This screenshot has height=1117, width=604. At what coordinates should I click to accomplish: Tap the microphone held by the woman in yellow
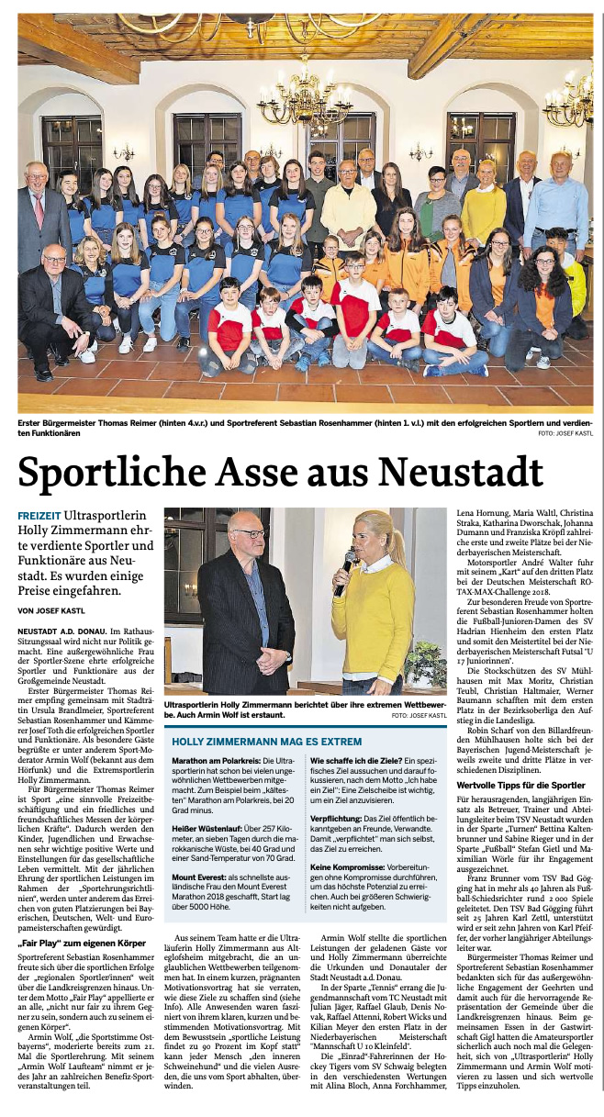point(348,564)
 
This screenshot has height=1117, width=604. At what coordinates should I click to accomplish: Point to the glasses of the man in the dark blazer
point(247,533)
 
